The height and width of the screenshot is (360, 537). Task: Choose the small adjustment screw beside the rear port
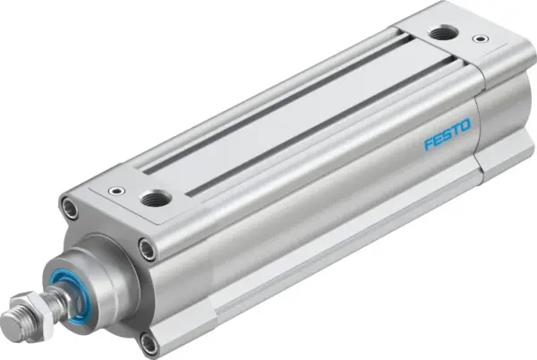point(482,40)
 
